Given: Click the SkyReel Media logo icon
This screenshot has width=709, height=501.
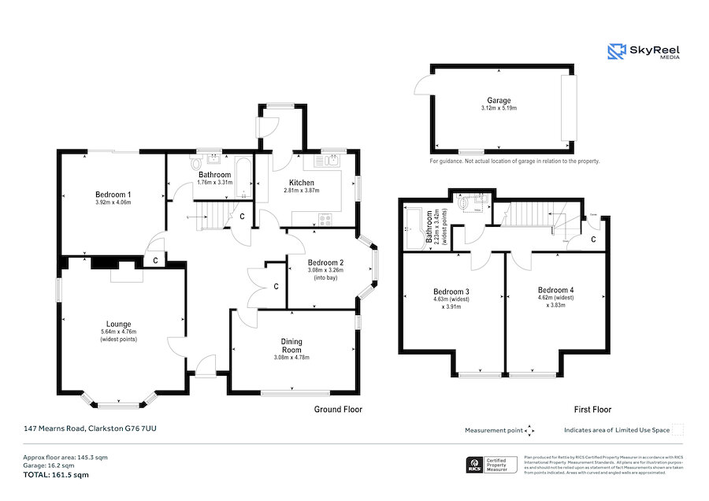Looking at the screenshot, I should point(617,51).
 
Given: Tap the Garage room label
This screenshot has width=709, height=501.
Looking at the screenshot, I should point(498,100).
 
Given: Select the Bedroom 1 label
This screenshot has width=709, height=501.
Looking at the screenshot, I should point(113,194).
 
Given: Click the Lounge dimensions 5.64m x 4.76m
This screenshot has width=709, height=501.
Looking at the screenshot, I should point(118,332).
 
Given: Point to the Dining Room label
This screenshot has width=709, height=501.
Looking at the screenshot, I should point(291,346).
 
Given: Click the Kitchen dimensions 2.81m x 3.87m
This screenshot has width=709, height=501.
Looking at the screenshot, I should point(302,191).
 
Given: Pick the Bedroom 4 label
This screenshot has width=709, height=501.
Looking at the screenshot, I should point(555,290).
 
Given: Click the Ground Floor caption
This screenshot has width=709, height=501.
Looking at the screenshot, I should point(338,409).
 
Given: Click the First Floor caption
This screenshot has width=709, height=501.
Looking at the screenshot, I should point(592,409).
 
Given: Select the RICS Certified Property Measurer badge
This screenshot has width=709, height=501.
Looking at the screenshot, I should point(492,465).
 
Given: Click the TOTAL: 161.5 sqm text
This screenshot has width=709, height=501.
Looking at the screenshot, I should point(55,475).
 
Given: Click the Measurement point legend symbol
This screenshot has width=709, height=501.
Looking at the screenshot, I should point(529,430).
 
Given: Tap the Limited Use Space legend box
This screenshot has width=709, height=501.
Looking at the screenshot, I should point(677,429).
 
